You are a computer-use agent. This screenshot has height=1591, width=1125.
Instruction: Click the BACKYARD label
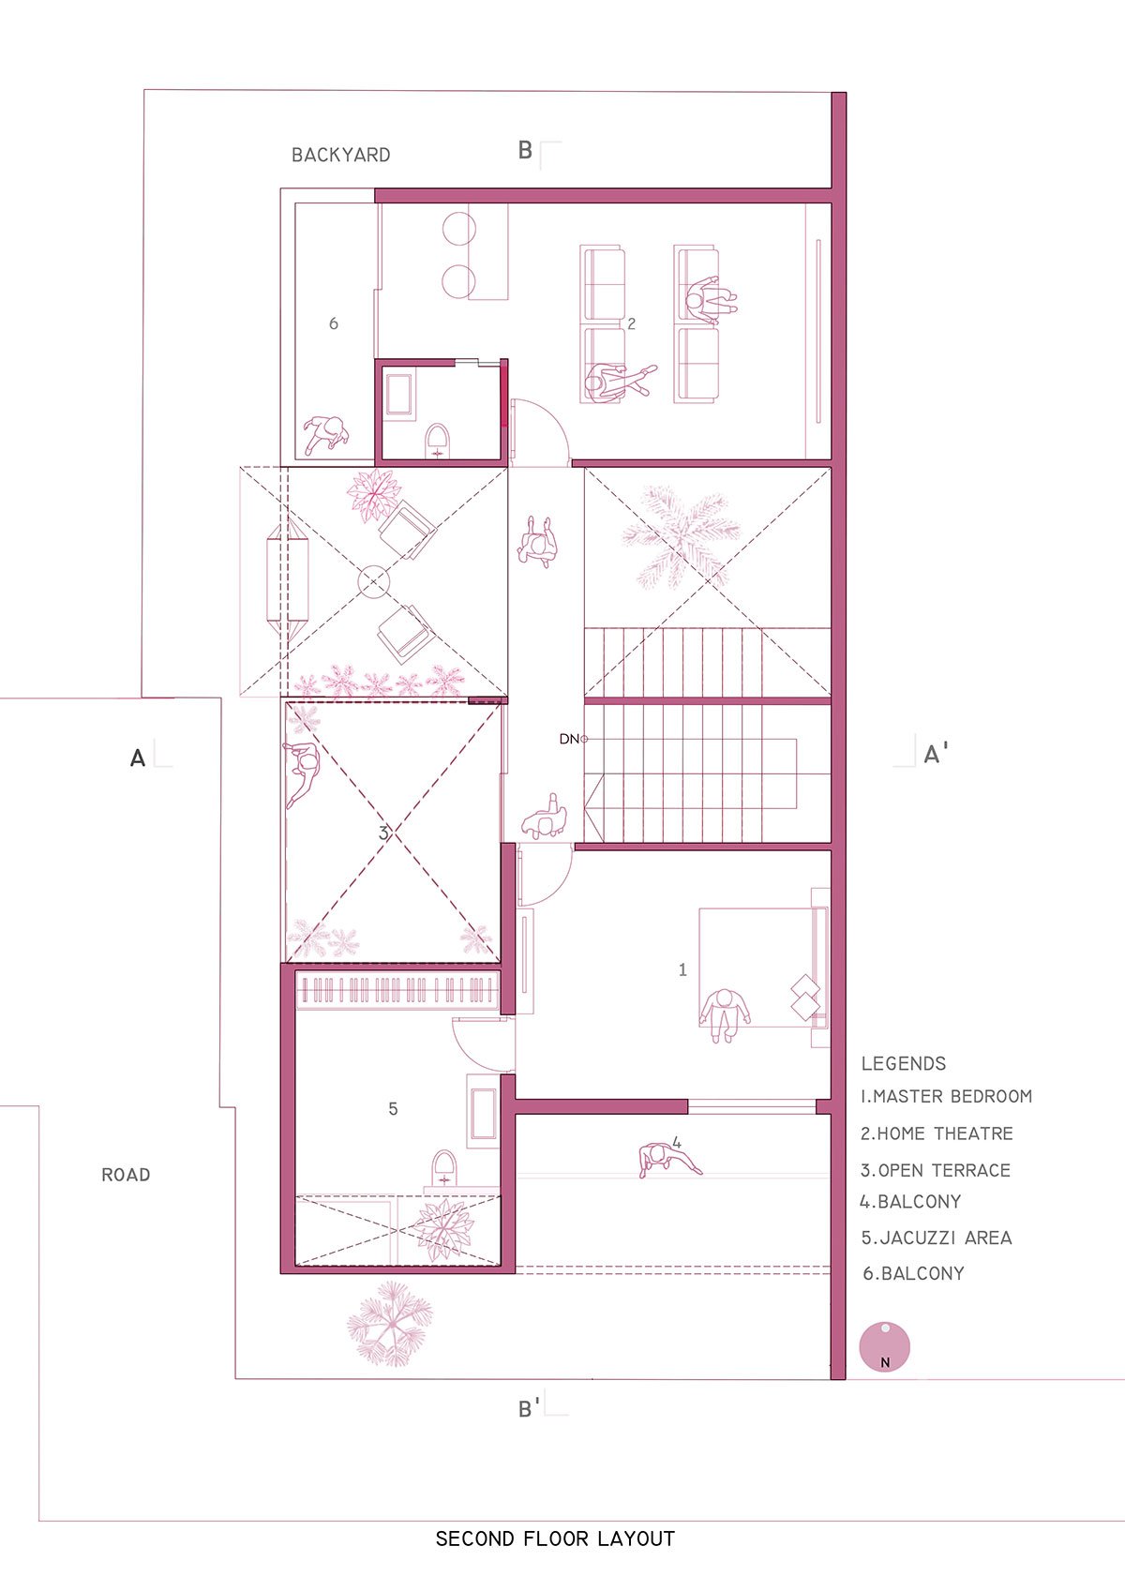coord(341,155)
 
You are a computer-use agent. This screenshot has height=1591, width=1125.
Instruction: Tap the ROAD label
coord(126,1175)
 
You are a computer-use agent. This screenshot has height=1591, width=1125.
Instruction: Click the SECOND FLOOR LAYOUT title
coord(555,1538)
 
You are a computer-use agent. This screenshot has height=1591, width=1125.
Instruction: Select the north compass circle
coord(884,1346)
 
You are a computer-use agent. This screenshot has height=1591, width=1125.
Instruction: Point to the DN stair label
coord(570,739)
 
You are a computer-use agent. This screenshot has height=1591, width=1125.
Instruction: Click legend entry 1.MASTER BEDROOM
coord(946,1096)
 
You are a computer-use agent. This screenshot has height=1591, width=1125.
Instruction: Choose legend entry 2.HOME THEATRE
coord(937,1133)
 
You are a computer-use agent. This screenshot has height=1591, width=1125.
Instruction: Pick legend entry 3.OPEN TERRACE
coord(936,1170)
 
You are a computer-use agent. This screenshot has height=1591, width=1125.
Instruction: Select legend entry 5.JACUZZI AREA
coord(937,1238)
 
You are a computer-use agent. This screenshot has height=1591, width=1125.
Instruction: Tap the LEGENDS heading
coord(904,1063)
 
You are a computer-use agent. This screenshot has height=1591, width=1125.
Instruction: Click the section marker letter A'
coord(936,754)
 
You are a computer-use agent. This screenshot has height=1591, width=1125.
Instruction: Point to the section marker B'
coord(529,1408)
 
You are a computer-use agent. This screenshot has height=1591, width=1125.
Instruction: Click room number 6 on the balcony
coord(333,323)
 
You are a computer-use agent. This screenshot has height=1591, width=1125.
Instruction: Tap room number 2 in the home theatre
coord(631,323)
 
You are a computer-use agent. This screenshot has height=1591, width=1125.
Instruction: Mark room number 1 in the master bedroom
coord(682,969)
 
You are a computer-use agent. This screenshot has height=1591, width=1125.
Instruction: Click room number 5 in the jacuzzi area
coord(393,1109)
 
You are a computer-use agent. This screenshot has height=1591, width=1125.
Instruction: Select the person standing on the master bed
coord(725,1014)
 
